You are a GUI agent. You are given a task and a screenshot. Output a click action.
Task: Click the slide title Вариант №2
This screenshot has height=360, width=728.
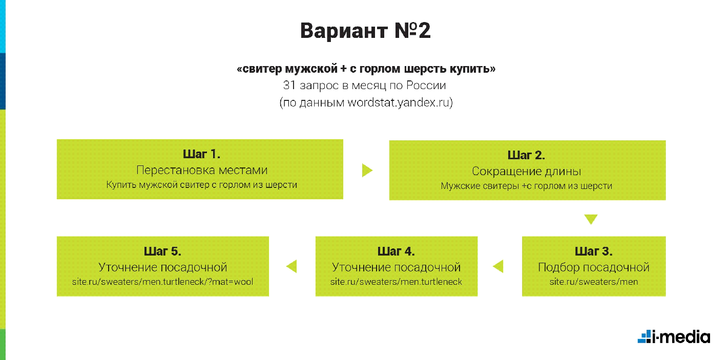tap(365, 31)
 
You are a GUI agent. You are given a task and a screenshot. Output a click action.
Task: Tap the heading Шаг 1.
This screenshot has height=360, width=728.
tap(201, 154)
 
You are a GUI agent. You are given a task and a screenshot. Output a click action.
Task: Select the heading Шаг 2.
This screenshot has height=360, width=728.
tap(526, 155)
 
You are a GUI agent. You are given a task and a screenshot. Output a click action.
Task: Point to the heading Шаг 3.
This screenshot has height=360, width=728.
tap(593, 251)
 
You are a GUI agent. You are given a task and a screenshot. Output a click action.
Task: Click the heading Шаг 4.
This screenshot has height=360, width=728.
tap(396, 251)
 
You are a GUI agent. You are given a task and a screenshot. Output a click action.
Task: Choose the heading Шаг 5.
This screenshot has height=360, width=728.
tap(162, 251)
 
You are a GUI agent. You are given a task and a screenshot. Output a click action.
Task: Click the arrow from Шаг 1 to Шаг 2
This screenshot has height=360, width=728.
tap(367, 170)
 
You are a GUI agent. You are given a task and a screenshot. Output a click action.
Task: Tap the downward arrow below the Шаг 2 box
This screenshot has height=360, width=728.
tap(591, 219)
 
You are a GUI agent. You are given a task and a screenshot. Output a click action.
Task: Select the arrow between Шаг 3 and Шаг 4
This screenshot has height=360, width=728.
tap(498, 266)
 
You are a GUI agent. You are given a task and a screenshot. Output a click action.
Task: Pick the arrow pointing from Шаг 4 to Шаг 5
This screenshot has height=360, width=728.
tap(292, 266)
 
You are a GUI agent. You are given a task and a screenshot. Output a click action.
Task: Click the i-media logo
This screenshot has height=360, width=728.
tap(674, 336)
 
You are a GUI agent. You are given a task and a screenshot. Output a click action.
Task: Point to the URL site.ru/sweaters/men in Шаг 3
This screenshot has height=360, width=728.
tap(594, 282)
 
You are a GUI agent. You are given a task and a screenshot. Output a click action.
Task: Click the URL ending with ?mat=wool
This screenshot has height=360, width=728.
tap(162, 282)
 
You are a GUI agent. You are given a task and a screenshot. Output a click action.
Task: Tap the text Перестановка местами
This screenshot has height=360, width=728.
tap(202, 170)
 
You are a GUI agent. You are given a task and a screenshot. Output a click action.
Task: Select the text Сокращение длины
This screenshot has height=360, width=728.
tap(527, 171)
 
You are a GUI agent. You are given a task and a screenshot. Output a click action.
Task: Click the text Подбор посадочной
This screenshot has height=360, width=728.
tap(593, 267)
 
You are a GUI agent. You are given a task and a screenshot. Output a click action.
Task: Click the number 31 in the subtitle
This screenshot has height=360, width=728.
tap(289, 85)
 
